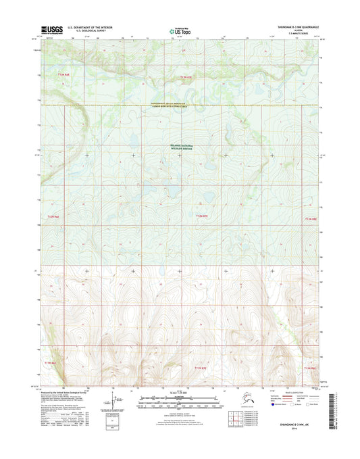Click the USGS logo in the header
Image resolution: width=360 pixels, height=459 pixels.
(52, 29)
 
